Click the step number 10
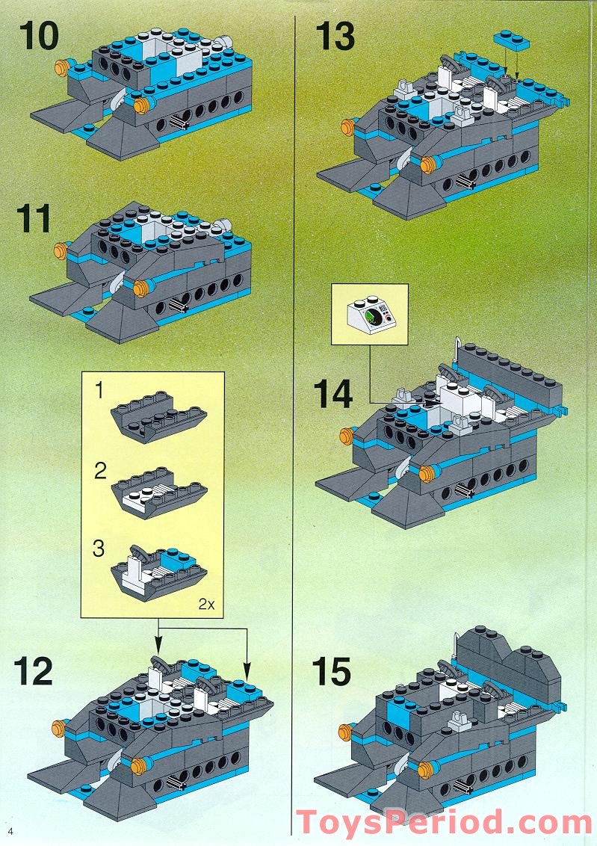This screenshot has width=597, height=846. (x=38, y=36)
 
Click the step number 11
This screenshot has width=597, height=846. (x=34, y=218)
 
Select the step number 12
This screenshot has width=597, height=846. (x=34, y=671)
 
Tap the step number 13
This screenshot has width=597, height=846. (x=335, y=36)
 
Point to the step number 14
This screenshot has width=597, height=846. (x=333, y=394)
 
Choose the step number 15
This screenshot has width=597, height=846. (x=332, y=672)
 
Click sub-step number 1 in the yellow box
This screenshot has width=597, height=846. (x=99, y=389)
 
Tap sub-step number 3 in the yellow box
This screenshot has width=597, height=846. (x=98, y=549)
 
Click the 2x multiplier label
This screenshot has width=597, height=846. (x=206, y=604)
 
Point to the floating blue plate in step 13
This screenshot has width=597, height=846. (x=511, y=40)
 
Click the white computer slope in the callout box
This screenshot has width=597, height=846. (x=371, y=314)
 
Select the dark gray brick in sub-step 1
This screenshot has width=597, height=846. (x=158, y=416)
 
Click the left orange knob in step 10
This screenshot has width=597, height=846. (x=63, y=67)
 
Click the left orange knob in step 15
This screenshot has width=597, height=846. (x=346, y=732)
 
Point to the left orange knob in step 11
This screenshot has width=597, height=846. (x=61, y=250)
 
